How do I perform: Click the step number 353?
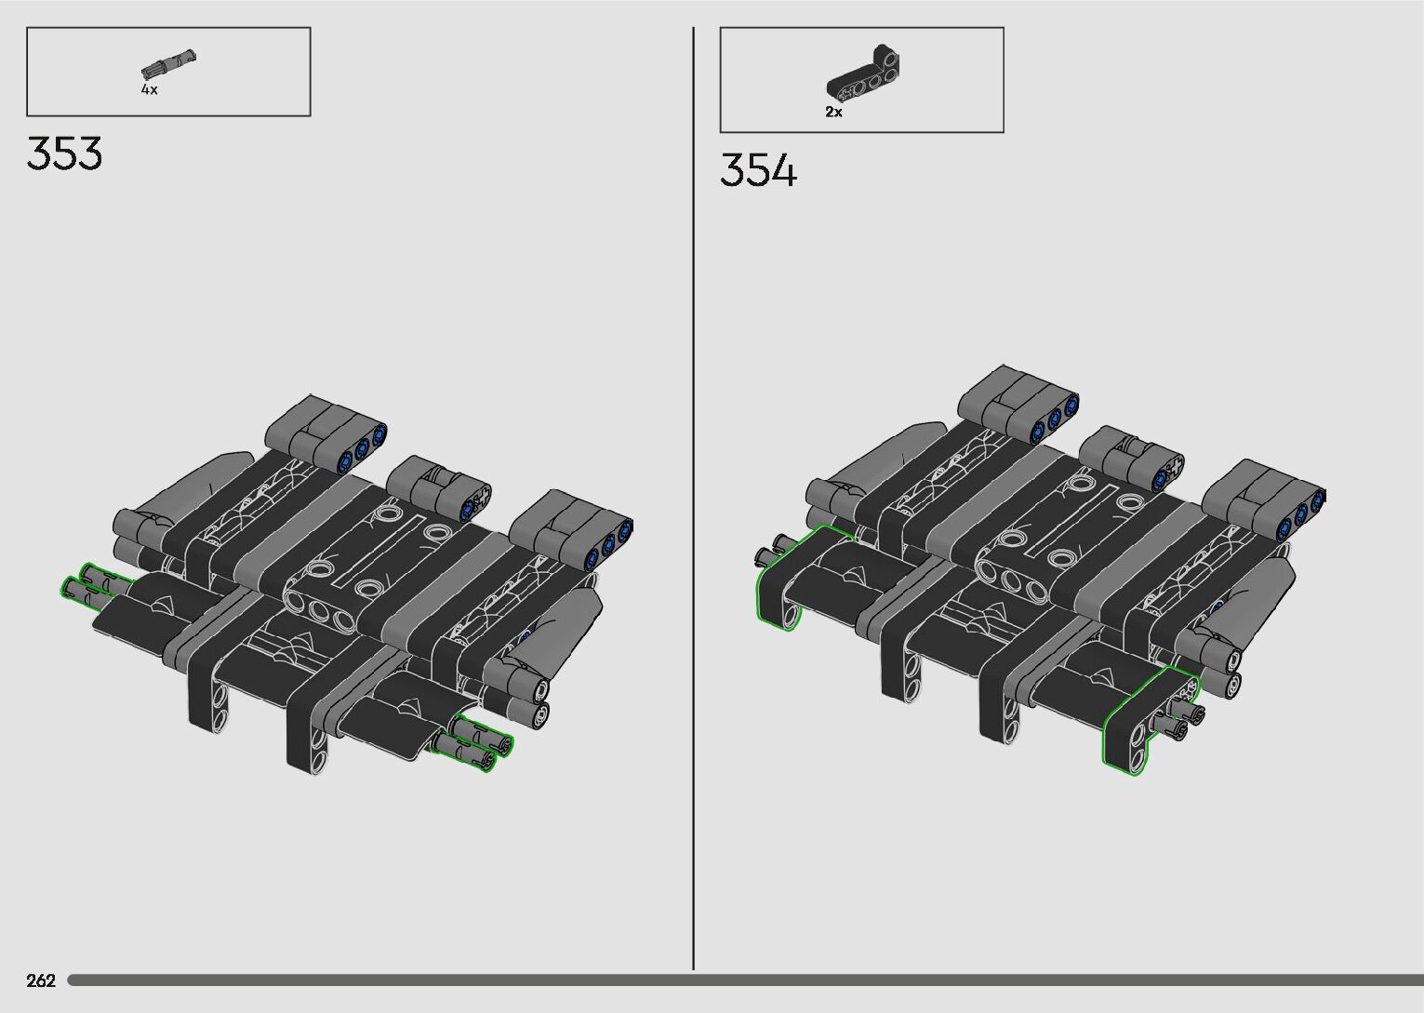click(x=64, y=153)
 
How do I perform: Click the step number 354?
click(x=758, y=170)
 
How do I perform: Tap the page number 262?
click(x=41, y=980)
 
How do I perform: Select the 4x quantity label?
click(x=150, y=89)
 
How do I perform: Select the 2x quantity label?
click(x=833, y=112)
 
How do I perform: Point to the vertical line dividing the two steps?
click(x=694, y=498)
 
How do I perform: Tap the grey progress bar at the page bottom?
click(x=745, y=980)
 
